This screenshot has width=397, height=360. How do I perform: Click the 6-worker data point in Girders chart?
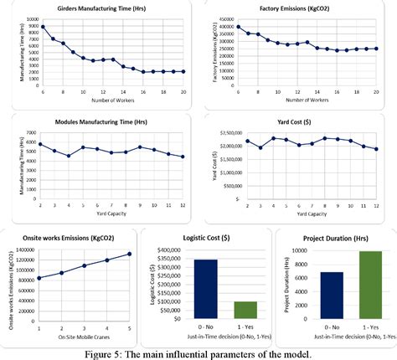pos(43,27)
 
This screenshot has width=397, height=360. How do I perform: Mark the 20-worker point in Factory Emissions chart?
pos(377,49)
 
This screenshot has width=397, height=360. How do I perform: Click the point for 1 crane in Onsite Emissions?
pos(39,278)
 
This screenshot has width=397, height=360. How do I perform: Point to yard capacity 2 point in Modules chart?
pos(40,144)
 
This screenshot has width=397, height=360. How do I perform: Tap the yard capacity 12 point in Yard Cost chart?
pos(376,149)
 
